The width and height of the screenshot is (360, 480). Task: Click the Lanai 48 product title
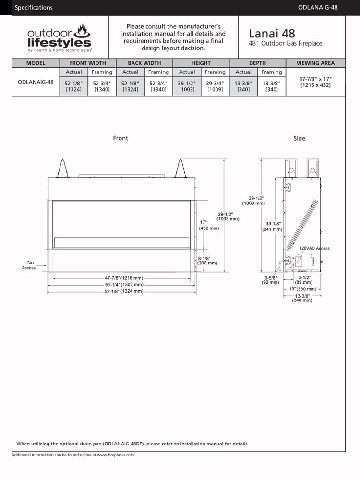[x=272, y=34]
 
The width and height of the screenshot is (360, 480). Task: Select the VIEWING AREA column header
[x=315, y=63]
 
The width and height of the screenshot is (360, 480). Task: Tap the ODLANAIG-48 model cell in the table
[x=36, y=82]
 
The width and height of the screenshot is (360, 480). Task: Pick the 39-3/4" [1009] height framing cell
[x=215, y=86]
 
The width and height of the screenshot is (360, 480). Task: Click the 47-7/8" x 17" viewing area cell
[x=315, y=82]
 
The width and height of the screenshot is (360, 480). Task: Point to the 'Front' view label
[x=120, y=138]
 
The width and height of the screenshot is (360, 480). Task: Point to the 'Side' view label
[x=299, y=138]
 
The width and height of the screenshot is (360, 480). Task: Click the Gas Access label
[x=29, y=265]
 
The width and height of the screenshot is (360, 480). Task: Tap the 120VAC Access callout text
[x=314, y=248]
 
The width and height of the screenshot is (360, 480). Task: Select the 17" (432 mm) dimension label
[x=209, y=225]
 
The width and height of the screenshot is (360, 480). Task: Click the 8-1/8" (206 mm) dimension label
[x=207, y=261]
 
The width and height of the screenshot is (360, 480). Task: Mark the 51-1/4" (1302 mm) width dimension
[x=124, y=285]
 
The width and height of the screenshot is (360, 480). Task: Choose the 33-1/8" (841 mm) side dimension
[x=272, y=227]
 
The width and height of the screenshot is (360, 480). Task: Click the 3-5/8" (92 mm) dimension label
[x=270, y=280]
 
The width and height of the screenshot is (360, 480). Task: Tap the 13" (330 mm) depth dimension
[x=302, y=289]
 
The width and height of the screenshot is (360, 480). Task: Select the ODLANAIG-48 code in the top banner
[x=318, y=7]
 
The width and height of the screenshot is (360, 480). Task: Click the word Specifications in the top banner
[x=34, y=7]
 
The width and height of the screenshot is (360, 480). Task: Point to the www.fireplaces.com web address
[x=115, y=455]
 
